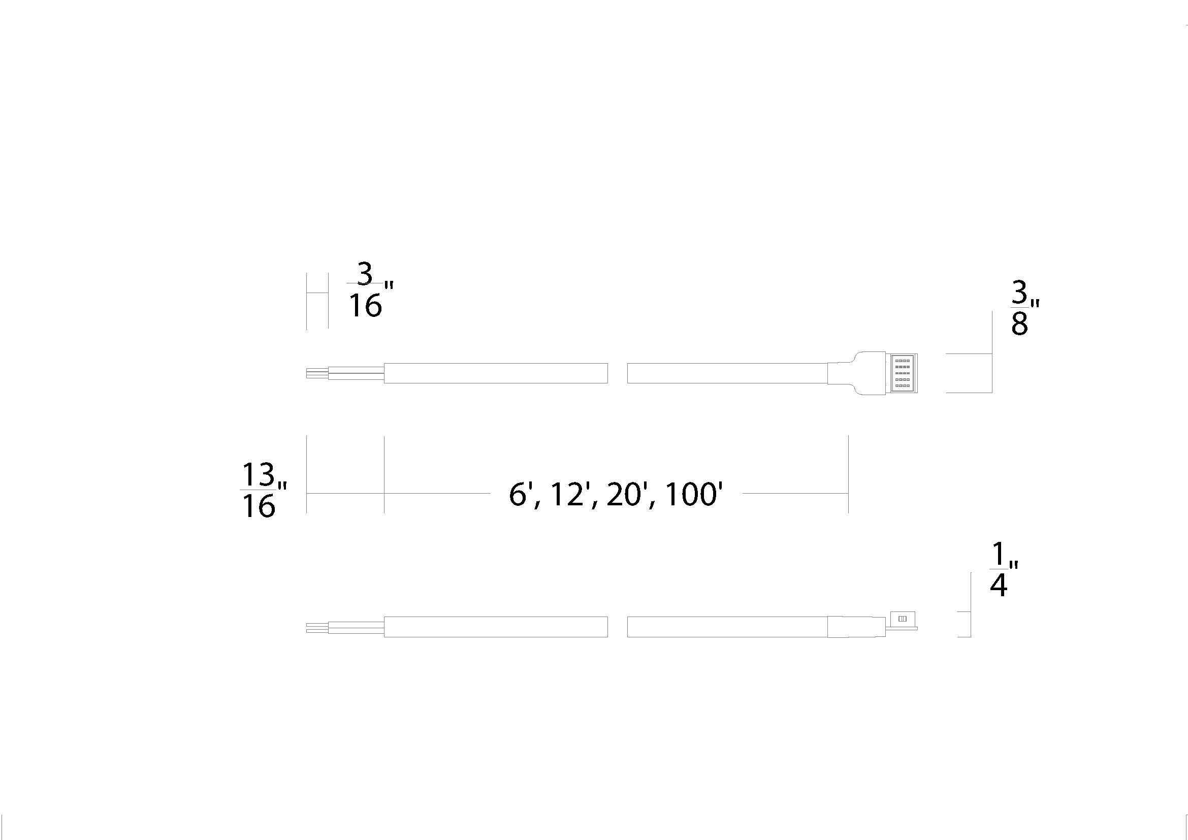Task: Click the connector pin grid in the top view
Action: (903, 373)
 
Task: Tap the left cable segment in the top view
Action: (495, 373)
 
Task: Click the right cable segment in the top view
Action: (727, 373)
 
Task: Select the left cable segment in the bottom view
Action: (495, 626)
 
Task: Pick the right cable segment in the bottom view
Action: (727, 626)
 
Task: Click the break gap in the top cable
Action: (617, 373)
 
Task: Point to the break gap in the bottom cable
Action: (617, 626)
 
